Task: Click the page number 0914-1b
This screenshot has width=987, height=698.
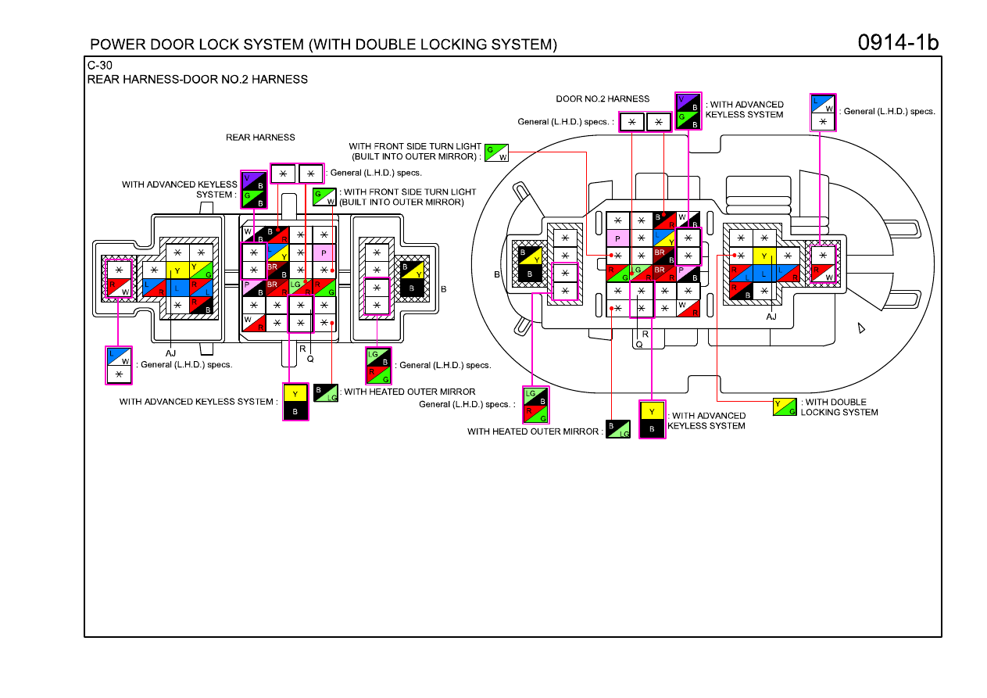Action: (x=898, y=43)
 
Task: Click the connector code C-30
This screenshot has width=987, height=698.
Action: (x=99, y=66)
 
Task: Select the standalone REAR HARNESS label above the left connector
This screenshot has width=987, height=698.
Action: (x=260, y=138)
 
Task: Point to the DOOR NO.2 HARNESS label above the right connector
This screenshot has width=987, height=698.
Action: (x=603, y=98)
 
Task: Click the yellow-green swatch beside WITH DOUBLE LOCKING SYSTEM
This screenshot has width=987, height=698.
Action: (x=785, y=407)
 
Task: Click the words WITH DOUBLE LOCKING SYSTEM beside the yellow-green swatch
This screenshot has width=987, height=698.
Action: (x=839, y=407)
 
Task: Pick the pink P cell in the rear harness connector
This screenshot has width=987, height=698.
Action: (x=324, y=253)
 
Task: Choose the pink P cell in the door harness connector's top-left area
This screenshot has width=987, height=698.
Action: (x=618, y=238)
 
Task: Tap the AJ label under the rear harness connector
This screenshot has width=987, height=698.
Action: (x=170, y=353)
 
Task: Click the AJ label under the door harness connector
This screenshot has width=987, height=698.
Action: (x=771, y=317)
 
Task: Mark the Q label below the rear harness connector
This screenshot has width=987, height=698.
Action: (x=310, y=359)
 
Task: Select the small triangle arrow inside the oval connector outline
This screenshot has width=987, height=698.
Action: (x=861, y=328)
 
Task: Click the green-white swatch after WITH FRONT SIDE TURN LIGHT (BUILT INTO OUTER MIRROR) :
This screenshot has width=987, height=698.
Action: (x=496, y=153)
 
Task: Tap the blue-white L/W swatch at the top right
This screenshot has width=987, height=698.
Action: (x=823, y=104)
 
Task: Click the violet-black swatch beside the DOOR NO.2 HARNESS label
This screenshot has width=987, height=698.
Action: (x=688, y=102)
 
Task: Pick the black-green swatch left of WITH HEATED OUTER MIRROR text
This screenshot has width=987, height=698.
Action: (x=326, y=393)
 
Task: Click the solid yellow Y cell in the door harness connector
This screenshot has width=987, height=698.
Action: (x=764, y=256)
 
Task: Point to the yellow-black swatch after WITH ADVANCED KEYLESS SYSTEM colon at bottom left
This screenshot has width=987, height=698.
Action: (x=295, y=402)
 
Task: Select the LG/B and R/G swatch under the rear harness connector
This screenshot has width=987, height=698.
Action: (x=378, y=366)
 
